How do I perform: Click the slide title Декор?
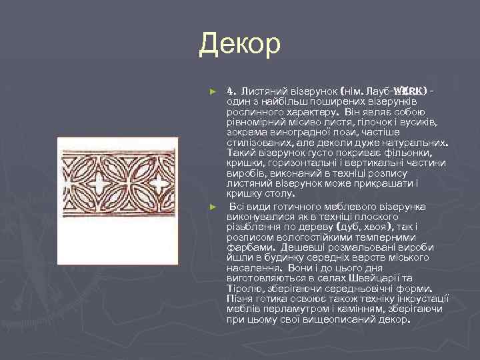[x=240, y=45]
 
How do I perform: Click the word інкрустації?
[x=423, y=298]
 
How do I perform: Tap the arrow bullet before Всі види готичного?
[x=213, y=207]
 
